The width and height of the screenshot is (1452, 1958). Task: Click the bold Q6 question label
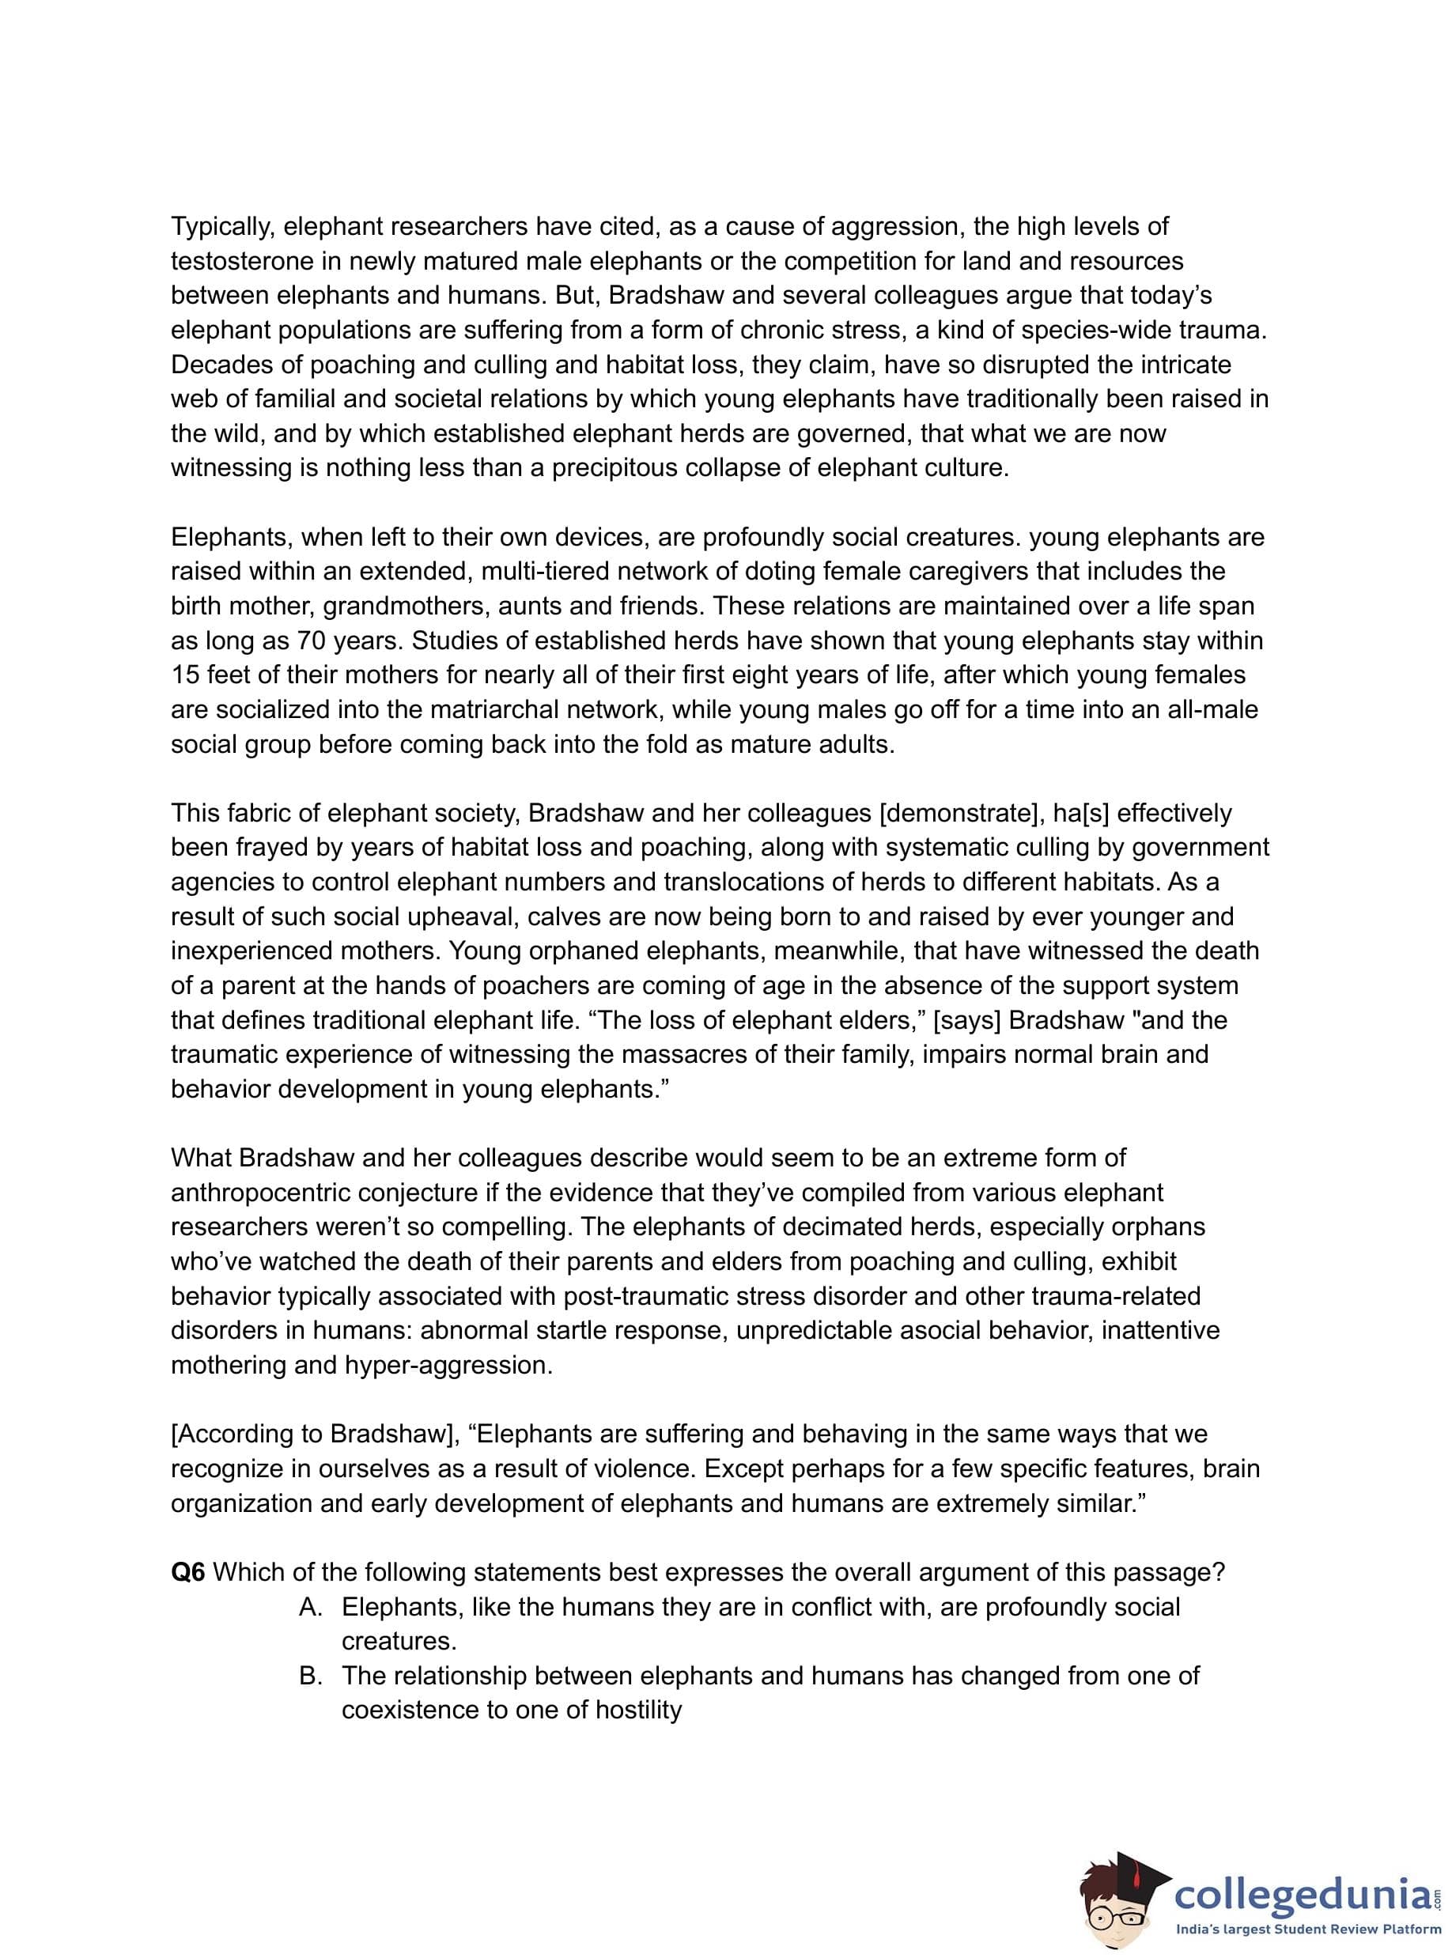coord(187,1572)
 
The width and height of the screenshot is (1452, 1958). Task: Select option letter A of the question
coord(310,1608)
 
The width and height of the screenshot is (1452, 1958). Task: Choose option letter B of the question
coord(310,1676)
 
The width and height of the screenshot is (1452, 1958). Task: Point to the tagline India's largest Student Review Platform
coord(1303,1930)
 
